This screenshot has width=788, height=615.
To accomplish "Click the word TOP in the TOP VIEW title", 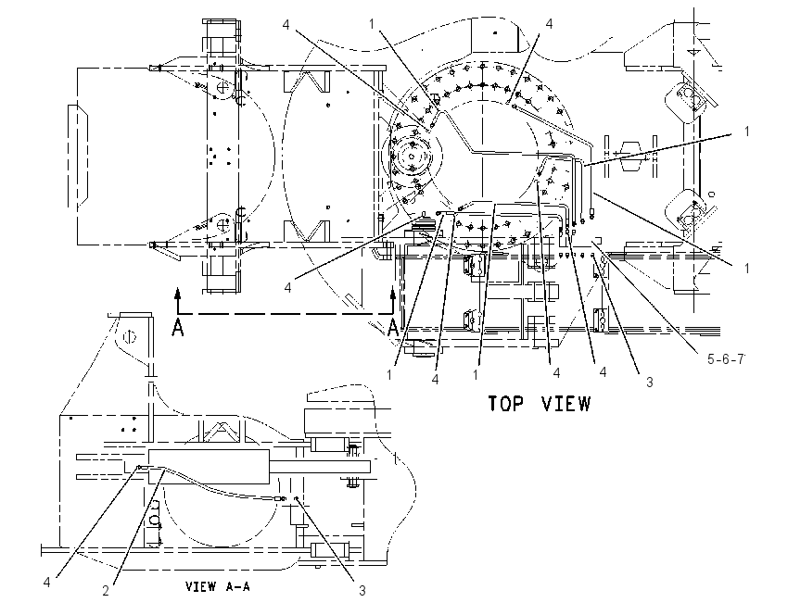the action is (506, 404).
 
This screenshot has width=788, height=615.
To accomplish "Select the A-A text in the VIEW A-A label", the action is (235, 586).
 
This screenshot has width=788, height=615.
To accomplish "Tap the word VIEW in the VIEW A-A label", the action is (200, 586).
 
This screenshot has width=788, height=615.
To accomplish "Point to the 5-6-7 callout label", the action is (726, 359).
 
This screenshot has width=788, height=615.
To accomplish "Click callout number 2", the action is (106, 591).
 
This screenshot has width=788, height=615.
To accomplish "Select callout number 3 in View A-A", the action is (362, 590).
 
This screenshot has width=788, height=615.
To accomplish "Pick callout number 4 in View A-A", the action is (46, 583).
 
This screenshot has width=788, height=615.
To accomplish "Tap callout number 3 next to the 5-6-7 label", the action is (649, 382).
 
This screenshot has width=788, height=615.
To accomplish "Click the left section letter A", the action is (177, 327).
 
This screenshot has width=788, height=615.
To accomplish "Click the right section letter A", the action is (393, 327).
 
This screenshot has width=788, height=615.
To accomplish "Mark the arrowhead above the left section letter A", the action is (177, 294).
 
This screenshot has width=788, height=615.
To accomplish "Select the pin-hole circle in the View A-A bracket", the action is (130, 336).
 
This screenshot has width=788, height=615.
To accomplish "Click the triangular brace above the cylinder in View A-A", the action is (220, 433).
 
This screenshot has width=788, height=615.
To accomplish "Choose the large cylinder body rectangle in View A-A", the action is (209, 467).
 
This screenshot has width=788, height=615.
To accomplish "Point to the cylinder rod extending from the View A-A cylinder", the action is (320, 468).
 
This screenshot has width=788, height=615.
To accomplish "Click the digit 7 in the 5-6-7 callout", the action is (741, 359).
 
